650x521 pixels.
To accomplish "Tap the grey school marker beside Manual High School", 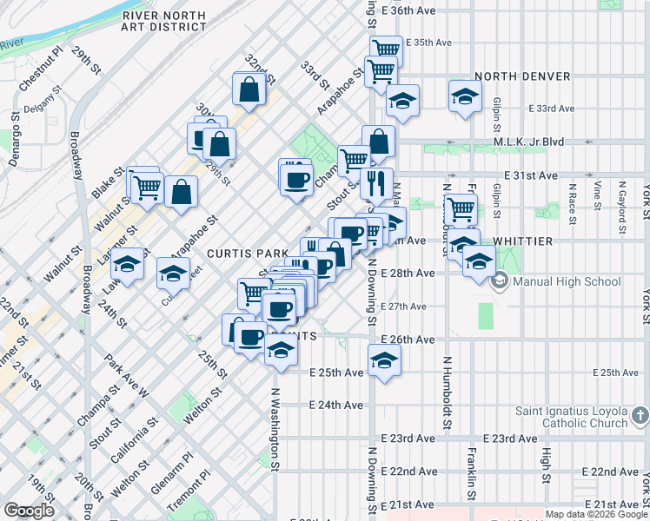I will [500, 281].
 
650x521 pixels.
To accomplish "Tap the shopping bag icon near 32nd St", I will [249, 89].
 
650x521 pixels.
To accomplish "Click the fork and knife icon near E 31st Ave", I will [376, 182].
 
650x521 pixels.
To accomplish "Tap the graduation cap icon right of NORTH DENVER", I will [465, 96].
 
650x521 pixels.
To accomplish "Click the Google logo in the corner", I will [29, 511].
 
